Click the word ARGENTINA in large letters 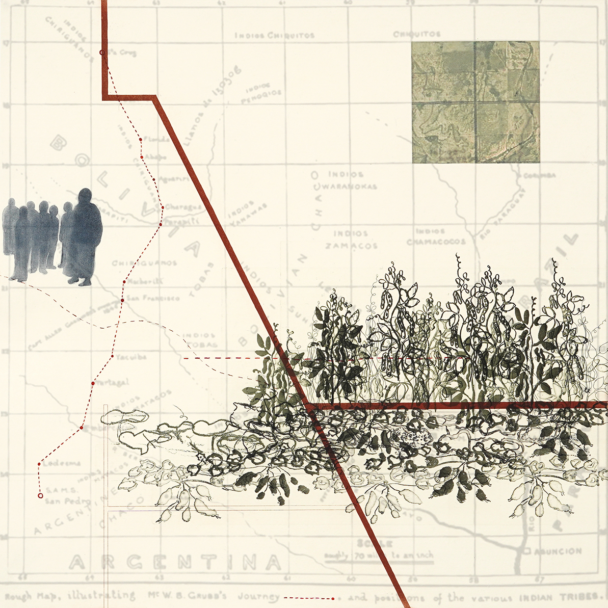coord(175,562)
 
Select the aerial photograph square coord(475,102)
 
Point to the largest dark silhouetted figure coord(84,237)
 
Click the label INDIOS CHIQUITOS coord(275,36)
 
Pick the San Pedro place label coord(67,500)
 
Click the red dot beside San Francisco coord(122,301)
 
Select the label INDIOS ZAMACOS coord(352,240)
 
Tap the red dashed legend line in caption coord(308,598)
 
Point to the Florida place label coord(155,139)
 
